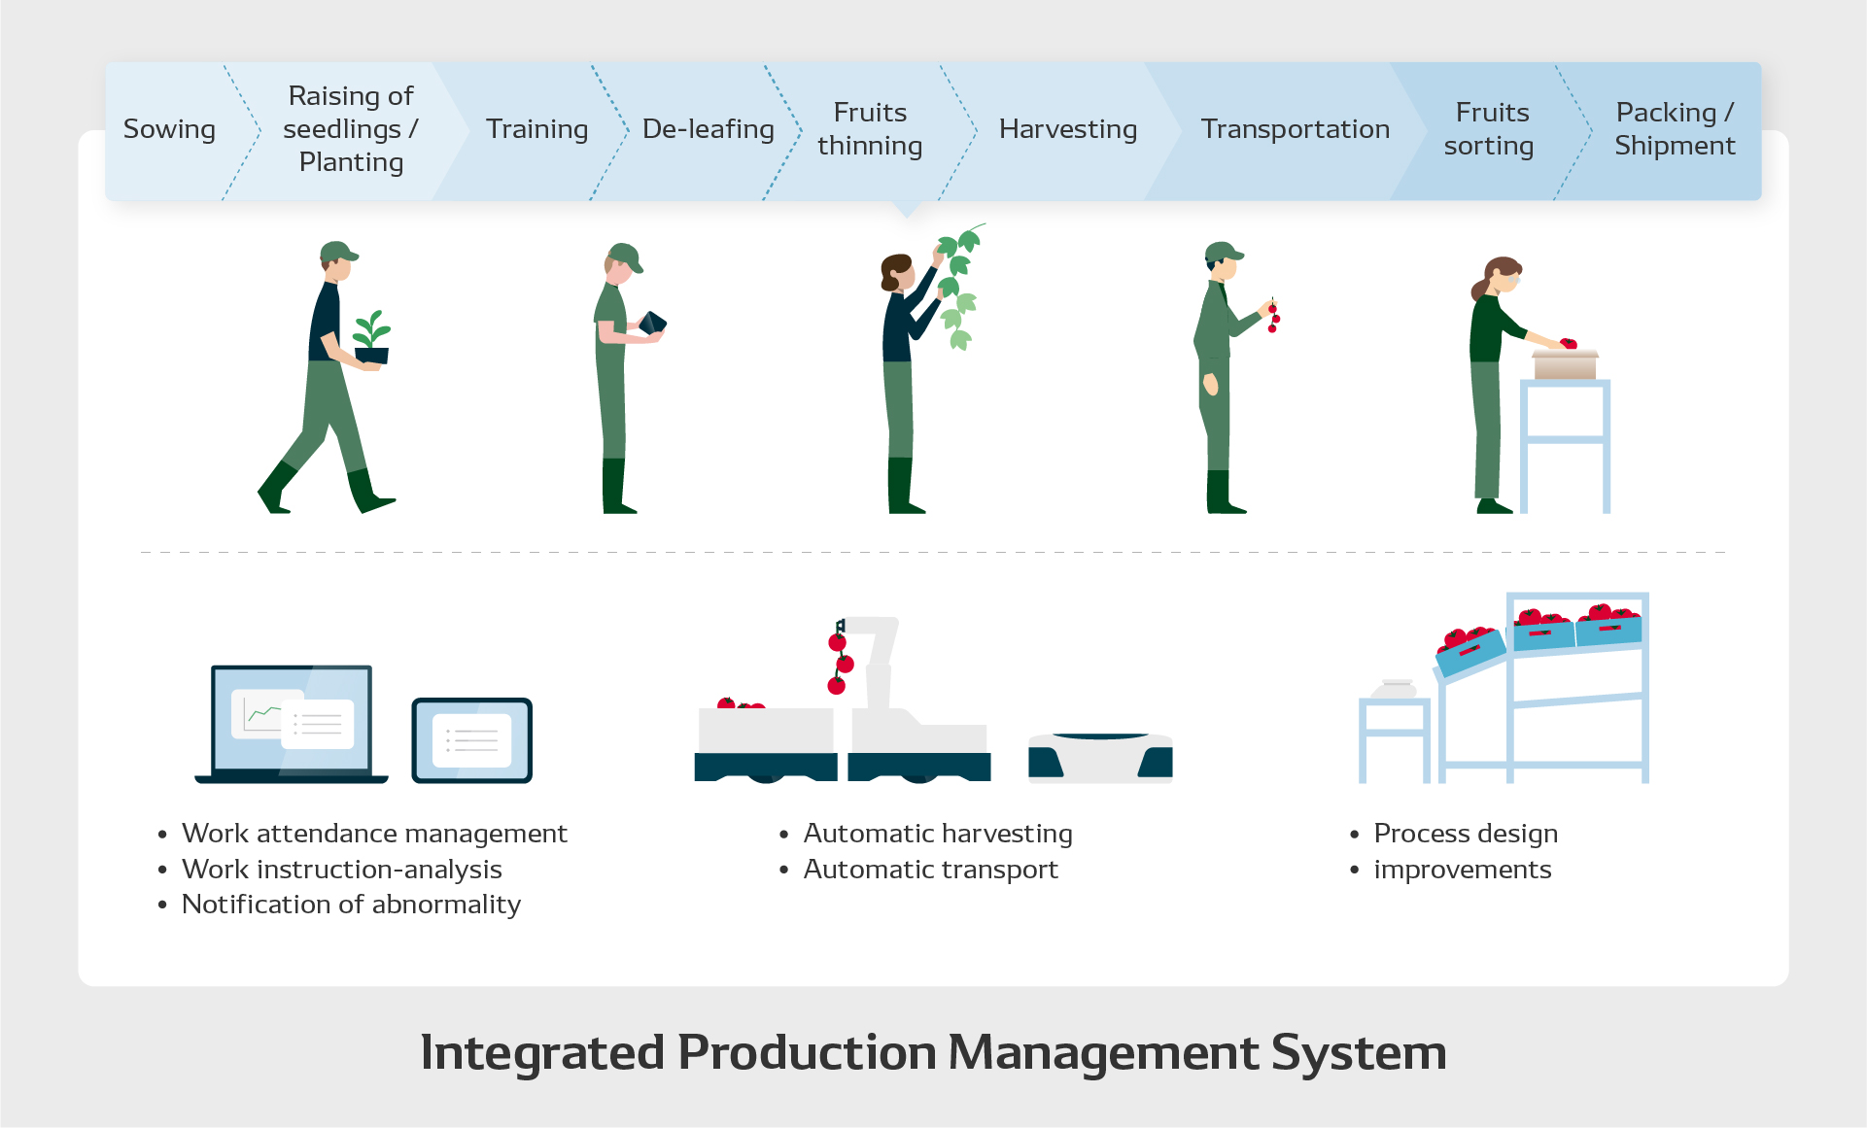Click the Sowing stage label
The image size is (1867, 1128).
[169, 129]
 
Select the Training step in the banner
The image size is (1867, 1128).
[536, 129]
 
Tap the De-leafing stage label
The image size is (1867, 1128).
[708, 129]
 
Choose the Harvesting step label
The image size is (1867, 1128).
[1067, 129]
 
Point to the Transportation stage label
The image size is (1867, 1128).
[1295, 129]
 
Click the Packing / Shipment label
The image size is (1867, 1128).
[1674, 129]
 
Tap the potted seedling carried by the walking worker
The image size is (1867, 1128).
[371, 337]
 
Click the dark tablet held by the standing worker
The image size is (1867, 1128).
[652, 323]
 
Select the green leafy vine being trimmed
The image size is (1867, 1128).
[958, 287]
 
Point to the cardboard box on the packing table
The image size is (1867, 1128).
[1565, 364]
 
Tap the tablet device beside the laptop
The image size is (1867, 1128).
[471, 740]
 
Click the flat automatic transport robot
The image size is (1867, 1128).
[1100, 758]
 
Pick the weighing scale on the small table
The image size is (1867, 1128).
[1395, 690]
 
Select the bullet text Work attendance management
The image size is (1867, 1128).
[374, 834]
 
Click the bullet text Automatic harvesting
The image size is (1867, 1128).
[938, 834]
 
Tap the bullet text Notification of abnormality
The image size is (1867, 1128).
[351, 905]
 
